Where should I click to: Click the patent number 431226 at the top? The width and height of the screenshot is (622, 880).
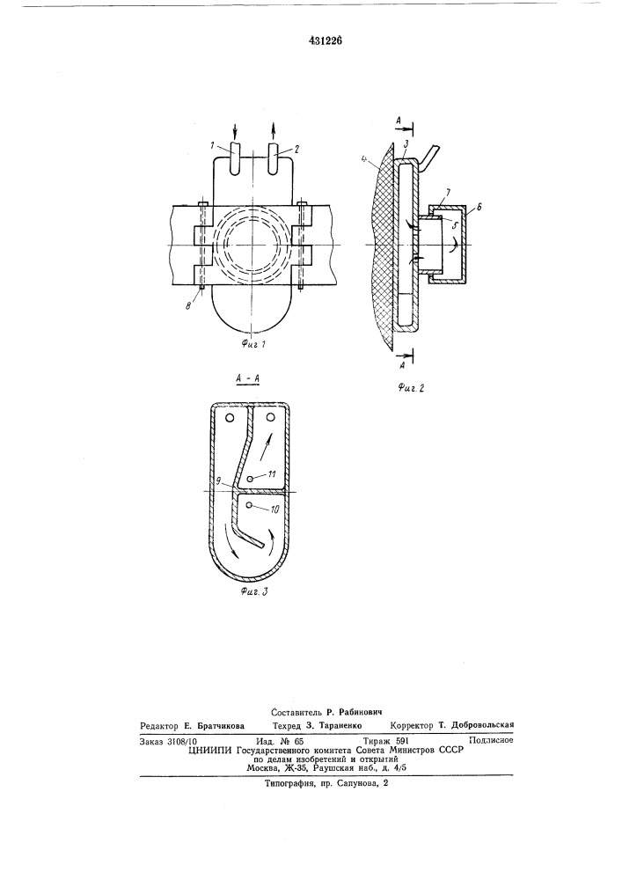[326, 40]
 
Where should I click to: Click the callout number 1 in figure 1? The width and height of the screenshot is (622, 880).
[213, 145]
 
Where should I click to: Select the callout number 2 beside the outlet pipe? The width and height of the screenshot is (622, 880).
[296, 149]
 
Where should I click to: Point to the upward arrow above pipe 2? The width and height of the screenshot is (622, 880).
[274, 131]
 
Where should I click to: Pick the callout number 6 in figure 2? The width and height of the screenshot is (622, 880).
[478, 207]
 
